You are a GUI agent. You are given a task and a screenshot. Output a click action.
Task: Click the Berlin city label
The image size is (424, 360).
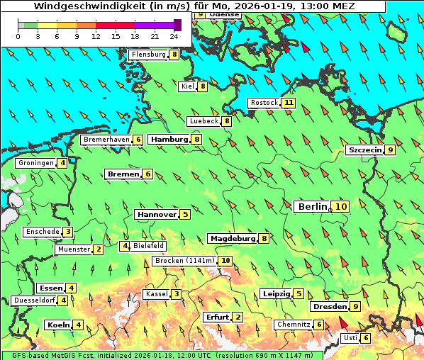point(312,206)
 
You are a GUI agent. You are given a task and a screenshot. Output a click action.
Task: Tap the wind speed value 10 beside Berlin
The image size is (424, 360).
point(341,207)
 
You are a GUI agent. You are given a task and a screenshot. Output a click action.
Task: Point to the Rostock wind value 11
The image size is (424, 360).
point(288,103)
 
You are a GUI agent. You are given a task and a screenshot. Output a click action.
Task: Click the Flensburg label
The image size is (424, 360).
point(148,55)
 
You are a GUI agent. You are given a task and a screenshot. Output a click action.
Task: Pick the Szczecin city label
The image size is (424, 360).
point(364,150)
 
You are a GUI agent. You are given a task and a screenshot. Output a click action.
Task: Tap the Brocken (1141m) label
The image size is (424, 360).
point(184,261)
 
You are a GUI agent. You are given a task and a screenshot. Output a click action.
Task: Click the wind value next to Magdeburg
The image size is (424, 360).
point(264,239)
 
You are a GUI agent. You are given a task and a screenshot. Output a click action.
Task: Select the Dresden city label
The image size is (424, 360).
point(328,307)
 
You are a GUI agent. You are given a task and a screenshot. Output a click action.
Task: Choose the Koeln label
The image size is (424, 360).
point(57,325)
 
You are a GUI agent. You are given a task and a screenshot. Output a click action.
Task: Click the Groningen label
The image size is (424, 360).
point(36,163)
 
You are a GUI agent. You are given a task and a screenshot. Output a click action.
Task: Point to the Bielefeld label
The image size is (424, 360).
point(148,246)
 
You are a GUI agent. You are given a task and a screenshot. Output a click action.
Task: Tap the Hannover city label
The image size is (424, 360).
point(156,214)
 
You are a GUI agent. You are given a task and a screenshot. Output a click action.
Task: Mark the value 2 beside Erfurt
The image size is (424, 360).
point(238,317)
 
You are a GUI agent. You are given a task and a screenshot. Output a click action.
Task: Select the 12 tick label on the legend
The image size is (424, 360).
point(96,35)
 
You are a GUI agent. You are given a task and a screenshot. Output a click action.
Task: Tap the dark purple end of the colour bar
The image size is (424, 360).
point(177,25)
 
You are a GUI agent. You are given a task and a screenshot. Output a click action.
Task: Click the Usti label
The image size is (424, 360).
point(350,338)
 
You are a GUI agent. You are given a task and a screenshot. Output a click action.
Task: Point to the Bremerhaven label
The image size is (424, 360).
point(106,140)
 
